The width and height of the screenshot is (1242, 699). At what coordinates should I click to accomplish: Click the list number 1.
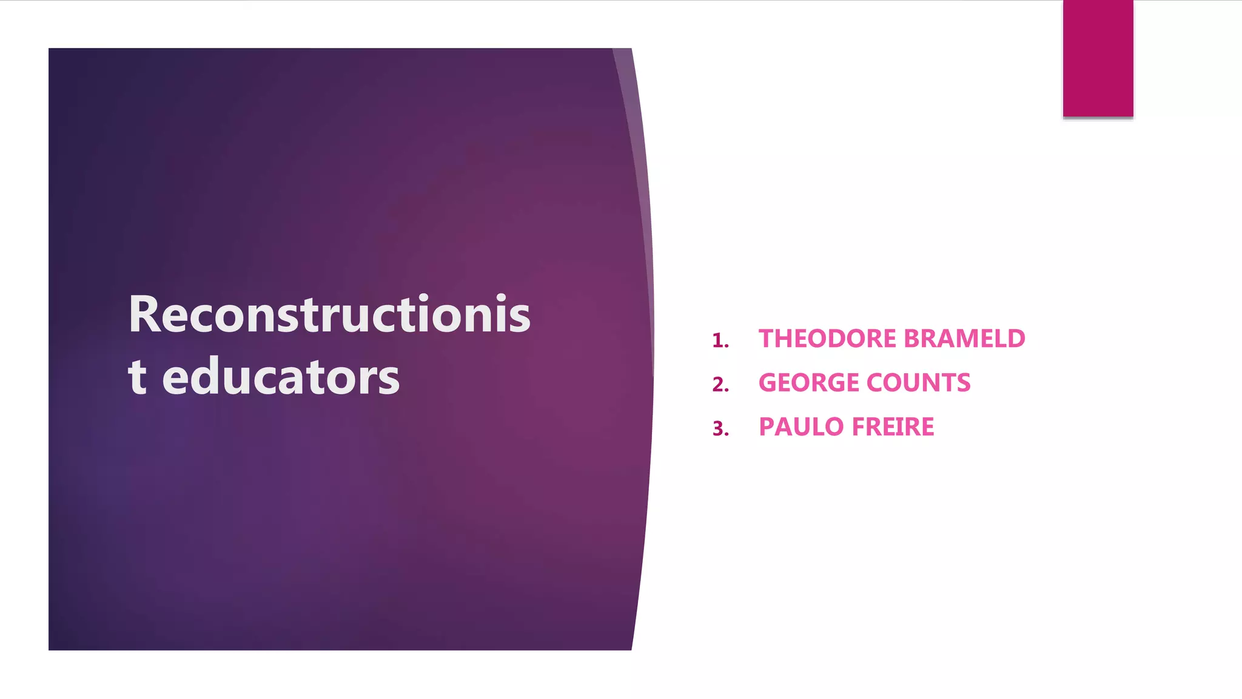[x=719, y=340]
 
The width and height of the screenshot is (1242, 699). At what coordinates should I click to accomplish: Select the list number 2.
[x=720, y=385]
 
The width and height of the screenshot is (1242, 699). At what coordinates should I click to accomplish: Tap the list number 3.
[x=720, y=429]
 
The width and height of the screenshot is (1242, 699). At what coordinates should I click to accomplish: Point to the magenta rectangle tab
[x=1098, y=58]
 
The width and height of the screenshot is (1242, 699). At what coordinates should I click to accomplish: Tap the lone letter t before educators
[x=137, y=377]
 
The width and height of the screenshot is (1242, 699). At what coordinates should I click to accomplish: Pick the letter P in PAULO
[x=767, y=427]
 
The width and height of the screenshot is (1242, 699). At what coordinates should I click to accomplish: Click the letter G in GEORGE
[x=768, y=383]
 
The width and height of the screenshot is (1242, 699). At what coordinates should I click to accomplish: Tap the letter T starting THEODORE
[x=767, y=339]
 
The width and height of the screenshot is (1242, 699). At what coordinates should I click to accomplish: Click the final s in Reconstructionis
[x=519, y=317]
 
